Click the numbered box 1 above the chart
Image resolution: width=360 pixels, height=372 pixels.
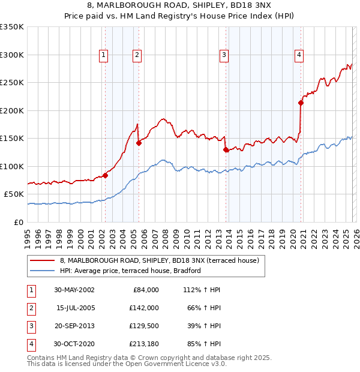click(104, 55)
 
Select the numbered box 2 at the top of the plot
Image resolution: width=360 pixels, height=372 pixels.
click(137, 55)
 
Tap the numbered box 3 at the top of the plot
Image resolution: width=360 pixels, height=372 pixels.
click(224, 55)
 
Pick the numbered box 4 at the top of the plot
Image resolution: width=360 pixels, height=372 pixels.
click(299, 55)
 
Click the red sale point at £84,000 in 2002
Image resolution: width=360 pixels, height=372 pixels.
click(106, 175)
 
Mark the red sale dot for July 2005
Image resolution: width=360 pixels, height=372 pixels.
click(139, 143)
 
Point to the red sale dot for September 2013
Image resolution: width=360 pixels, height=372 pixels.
click(226, 150)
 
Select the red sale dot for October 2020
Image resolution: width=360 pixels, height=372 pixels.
click(301, 103)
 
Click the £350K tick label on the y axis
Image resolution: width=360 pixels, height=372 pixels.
click(12, 27)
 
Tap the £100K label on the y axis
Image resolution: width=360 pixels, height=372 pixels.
click(12, 166)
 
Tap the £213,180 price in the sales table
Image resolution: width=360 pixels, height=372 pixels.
click(145, 344)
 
